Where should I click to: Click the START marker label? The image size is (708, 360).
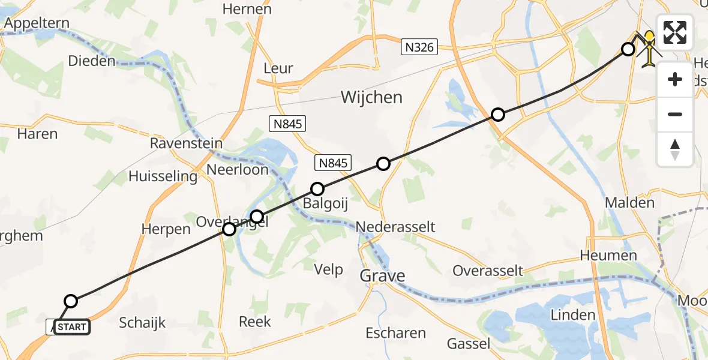coord(72,327)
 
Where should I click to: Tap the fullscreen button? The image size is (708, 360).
coord(675,32)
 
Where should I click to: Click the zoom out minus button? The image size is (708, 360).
coord(675,114)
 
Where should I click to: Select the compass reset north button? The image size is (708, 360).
coord(675,149)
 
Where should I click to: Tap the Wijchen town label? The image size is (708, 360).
coord(371,97)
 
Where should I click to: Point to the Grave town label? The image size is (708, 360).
coord(382,276)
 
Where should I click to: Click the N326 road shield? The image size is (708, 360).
coord(420,47)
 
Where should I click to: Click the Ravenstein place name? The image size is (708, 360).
coord(186,144)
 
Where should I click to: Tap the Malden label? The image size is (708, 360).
coord(629,203)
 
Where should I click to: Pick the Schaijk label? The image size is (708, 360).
coord(142,322)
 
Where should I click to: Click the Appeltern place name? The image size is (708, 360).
coord(37,23)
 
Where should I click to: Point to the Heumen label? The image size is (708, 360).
coord(608,255)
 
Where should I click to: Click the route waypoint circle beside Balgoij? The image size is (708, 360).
coord(317,189)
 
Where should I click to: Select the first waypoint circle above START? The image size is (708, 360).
coord(71,301)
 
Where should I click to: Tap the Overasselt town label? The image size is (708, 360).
coord(488,270)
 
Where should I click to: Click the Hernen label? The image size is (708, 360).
coord(247,9)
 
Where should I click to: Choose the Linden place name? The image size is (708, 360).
coord(573,315)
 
